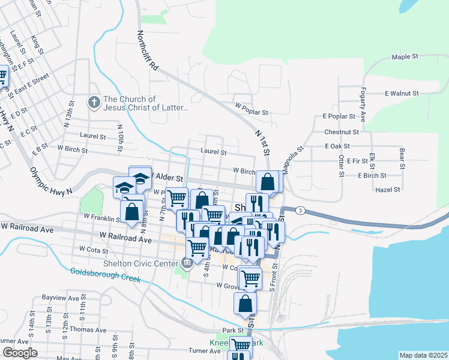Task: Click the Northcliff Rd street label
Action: tap(148, 52)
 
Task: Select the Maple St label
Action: tap(405, 57)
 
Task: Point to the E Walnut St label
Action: tap(402, 94)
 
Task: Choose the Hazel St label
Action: tap(387, 190)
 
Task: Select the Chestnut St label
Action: tap(341, 131)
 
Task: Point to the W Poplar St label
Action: tap(252, 112)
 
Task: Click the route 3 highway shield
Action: tap(299, 210)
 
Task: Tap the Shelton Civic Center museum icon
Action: tap(187, 262)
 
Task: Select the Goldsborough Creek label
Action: tap(105, 275)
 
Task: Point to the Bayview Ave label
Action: tap(61, 298)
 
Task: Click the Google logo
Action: tap(19, 353)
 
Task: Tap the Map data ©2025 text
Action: tap(423, 355)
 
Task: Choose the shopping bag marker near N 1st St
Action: tap(268, 181)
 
